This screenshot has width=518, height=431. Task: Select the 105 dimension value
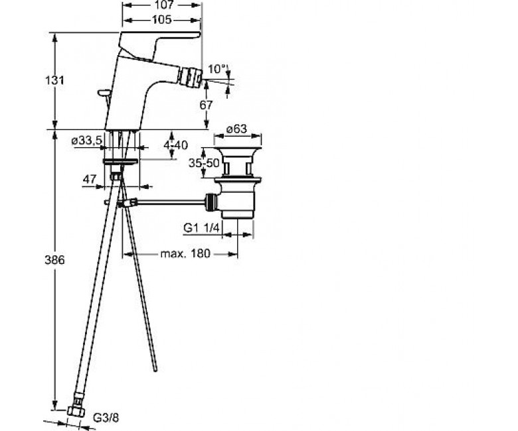pos(162,20)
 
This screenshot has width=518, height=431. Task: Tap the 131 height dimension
pos(54,80)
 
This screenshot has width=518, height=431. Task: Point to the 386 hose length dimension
pos(54,260)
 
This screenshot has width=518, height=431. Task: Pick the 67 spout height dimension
pos(206,105)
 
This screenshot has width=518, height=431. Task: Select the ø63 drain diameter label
pos(236,129)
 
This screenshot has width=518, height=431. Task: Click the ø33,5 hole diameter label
pos(87,141)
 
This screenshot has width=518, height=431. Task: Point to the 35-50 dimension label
pos(204,162)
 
